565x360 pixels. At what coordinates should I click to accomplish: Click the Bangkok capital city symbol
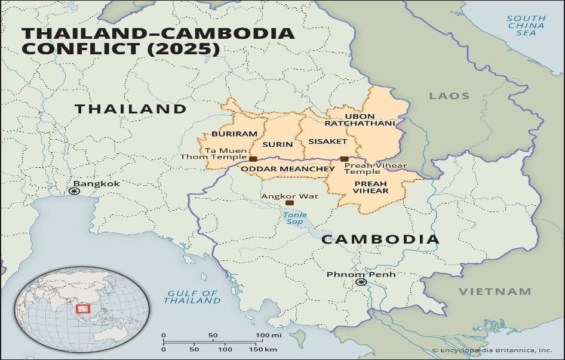[x=73, y=191]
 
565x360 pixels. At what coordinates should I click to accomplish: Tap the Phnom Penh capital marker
[x=361, y=282]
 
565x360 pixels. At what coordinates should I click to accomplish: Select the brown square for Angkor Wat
[x=290, y=203]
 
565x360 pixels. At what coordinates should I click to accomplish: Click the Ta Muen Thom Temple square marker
[x=253, y=159]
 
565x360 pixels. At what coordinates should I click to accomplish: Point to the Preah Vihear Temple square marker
[x=344, y=159]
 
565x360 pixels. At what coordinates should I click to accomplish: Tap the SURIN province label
[x=278, y=144]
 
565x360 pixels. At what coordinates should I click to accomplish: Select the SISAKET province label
[x=327, y=141]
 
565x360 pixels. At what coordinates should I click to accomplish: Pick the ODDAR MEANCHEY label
[x=288, y=169]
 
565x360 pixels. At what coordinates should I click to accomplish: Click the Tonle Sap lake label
[x=294, y=218]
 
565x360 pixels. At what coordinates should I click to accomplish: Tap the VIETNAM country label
[x=495, y=291]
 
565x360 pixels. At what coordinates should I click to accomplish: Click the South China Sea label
[x=526, y=25]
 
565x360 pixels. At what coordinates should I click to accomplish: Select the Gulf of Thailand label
[x=192, y=297]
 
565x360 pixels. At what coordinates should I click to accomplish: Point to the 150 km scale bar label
[x=266, y=349]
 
